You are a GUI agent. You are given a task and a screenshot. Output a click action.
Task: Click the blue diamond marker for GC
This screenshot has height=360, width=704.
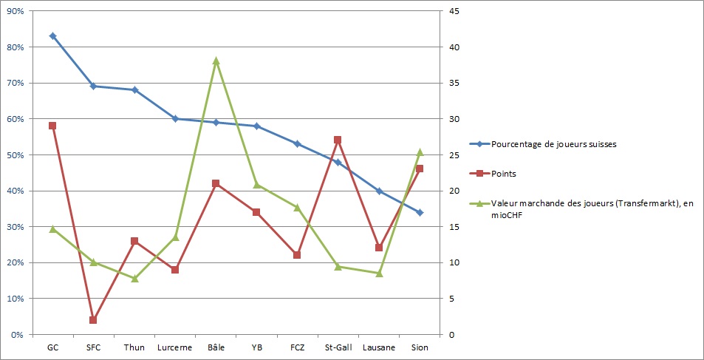[52, 35]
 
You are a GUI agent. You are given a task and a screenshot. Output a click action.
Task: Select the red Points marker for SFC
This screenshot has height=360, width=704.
[93, 320]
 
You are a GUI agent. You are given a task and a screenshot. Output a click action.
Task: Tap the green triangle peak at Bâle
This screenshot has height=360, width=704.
[216, 61]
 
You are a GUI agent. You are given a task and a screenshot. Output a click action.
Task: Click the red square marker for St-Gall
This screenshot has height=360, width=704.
[338, 140]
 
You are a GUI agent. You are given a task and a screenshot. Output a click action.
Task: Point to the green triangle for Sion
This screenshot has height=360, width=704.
[420, 152]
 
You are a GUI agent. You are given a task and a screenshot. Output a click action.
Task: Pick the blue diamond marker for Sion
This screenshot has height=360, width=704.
[420, 212]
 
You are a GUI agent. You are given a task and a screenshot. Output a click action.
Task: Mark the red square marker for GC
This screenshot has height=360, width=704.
[52, 126]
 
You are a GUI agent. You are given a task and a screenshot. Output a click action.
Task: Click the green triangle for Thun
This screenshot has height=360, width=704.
[134, 279]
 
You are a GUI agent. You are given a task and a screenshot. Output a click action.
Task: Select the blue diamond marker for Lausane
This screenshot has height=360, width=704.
[379, 191]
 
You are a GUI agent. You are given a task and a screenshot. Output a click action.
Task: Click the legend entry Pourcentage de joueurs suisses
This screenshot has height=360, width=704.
[553, 144]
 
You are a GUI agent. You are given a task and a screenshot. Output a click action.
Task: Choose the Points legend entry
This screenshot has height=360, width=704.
[505, 174]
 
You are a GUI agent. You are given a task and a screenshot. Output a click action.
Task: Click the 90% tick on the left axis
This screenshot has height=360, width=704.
[16, 11]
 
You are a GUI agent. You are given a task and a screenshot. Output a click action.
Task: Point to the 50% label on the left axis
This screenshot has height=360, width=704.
[16, 155]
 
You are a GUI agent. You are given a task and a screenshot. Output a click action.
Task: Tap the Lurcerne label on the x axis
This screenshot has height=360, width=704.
[175, 347]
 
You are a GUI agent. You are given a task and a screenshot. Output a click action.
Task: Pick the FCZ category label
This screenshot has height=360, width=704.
[297, 347]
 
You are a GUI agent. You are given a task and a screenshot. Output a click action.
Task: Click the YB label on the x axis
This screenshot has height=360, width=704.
[256, 347]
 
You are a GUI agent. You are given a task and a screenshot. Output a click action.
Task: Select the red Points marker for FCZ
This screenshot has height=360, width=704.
[297, 255]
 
